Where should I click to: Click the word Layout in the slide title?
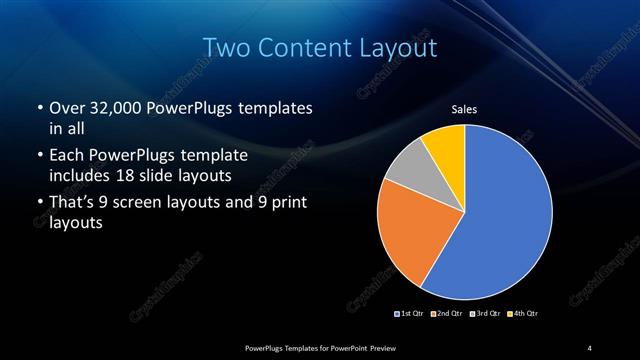[x=396, y=47]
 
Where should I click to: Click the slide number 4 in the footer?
[x=589, y=347]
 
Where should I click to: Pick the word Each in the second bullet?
[x=65, y=156]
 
